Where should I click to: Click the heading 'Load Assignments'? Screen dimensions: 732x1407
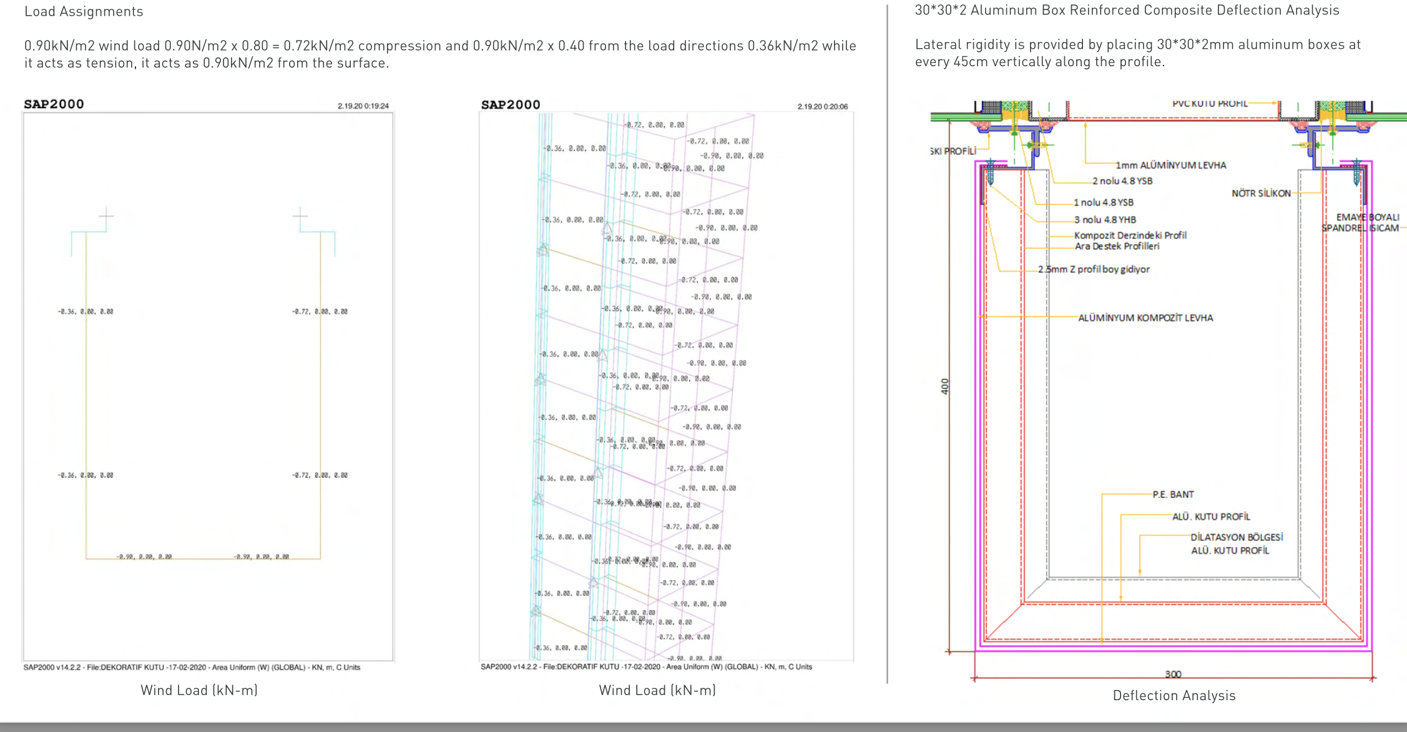84,12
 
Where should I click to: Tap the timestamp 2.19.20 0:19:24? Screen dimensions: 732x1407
363,106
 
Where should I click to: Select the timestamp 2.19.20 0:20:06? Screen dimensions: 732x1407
822,107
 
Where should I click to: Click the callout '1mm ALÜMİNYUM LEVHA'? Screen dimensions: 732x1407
1170,166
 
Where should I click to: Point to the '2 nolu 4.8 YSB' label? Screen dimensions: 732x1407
1122,181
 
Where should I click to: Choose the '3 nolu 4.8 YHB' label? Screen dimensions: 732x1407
1105,220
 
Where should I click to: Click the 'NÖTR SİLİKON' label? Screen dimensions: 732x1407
1260,194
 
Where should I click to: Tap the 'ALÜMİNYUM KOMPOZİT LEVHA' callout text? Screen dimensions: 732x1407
1145,318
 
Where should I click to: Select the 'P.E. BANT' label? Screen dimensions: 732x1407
1173,495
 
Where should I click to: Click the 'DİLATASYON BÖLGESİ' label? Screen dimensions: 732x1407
1236,537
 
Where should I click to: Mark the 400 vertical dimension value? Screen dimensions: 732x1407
944,386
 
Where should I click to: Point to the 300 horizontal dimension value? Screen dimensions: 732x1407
1173,674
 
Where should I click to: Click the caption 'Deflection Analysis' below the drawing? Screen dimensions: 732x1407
1174,696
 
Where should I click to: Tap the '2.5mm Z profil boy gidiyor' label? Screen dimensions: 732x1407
1094,269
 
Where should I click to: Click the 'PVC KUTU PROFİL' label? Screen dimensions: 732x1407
1209,104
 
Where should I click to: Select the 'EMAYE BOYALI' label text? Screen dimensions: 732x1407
1367,217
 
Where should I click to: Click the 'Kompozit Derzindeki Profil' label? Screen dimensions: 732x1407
1130,235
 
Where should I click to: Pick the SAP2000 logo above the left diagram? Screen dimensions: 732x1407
54,104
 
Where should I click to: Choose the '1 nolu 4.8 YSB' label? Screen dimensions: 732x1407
1103,202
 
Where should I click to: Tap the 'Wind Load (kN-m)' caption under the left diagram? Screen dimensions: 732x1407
199,690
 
